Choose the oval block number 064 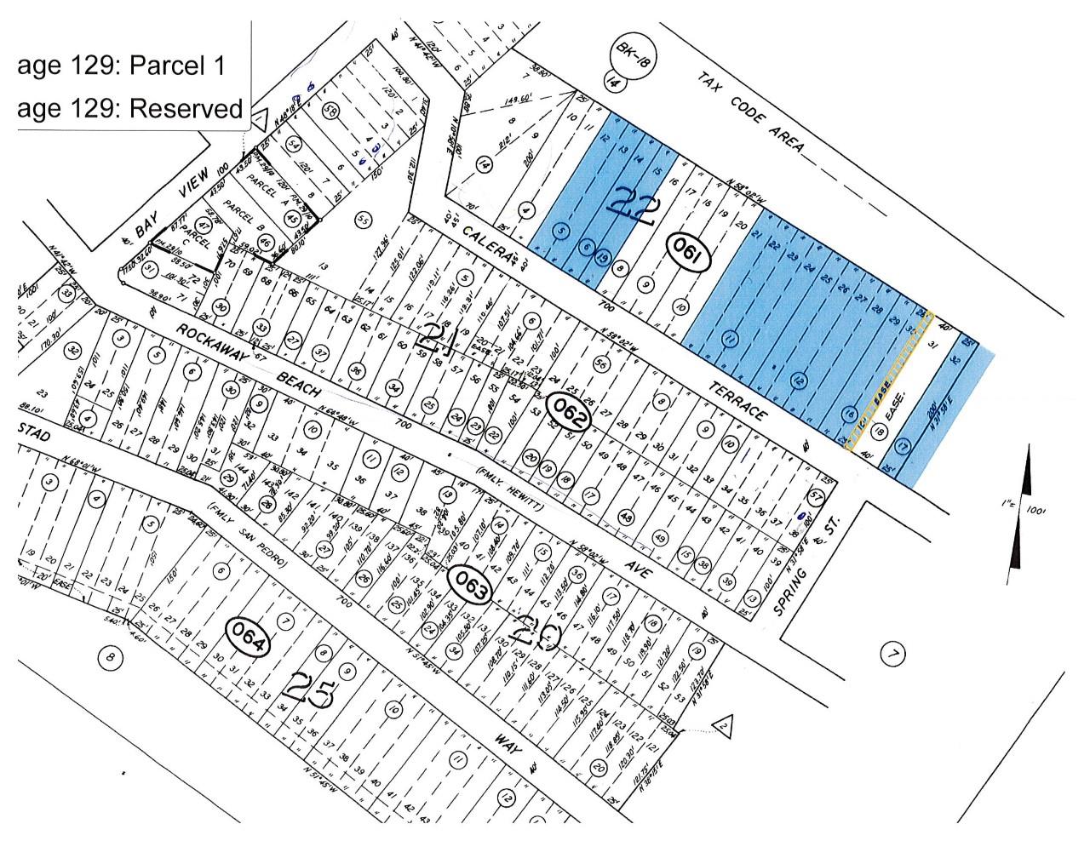click(x=247, y=635)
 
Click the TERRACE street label click(x=739, y=397)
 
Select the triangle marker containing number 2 click(x=722, y=725)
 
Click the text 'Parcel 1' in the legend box click(x=177, y=66)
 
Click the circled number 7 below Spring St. click(x=893, y=655)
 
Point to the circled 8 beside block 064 click(x=109, y=656)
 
